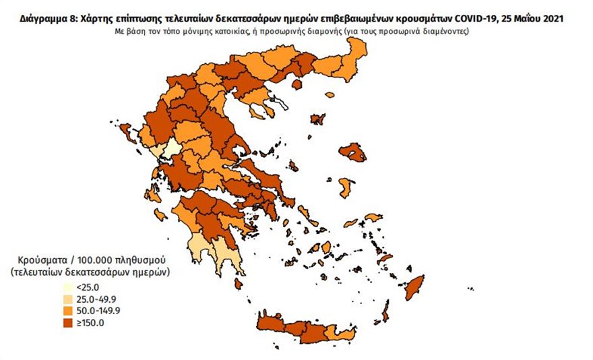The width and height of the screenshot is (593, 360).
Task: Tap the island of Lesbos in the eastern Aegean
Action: (x=353, y=152)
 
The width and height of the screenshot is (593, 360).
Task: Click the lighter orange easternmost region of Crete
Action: (x=345, y=334)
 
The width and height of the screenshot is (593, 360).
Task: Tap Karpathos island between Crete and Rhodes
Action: (x=386, y=312)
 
